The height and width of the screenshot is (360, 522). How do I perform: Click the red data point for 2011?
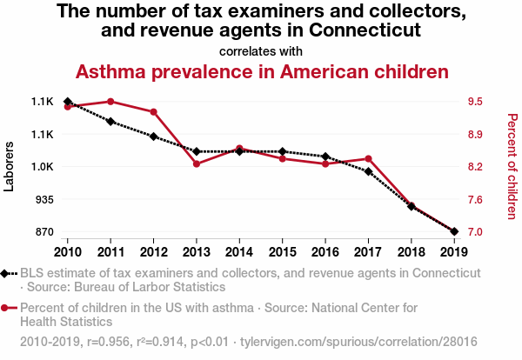tap(110, 102)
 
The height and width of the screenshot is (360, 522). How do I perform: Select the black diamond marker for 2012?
tap(153, 137)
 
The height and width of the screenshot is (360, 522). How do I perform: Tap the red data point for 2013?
tap(197, 163)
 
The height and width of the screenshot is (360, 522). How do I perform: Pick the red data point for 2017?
tap(369, 159)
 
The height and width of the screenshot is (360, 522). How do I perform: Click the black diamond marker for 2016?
tap(325, 157)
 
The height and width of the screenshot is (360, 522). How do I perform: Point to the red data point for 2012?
tap(153, 112)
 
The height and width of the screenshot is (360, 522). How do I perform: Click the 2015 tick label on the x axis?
tap(283, 252)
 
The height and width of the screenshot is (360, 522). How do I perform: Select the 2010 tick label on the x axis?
tap(67, 252)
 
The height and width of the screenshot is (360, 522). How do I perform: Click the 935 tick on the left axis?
tap(42, 200)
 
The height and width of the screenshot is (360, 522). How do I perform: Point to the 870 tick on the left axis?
tap(42, 232)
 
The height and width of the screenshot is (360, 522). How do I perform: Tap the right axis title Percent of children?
tap(512, 166)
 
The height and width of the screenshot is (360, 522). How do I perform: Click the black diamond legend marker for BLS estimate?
tap(5, 273)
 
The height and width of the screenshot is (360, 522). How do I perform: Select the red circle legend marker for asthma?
tap(5, 308)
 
